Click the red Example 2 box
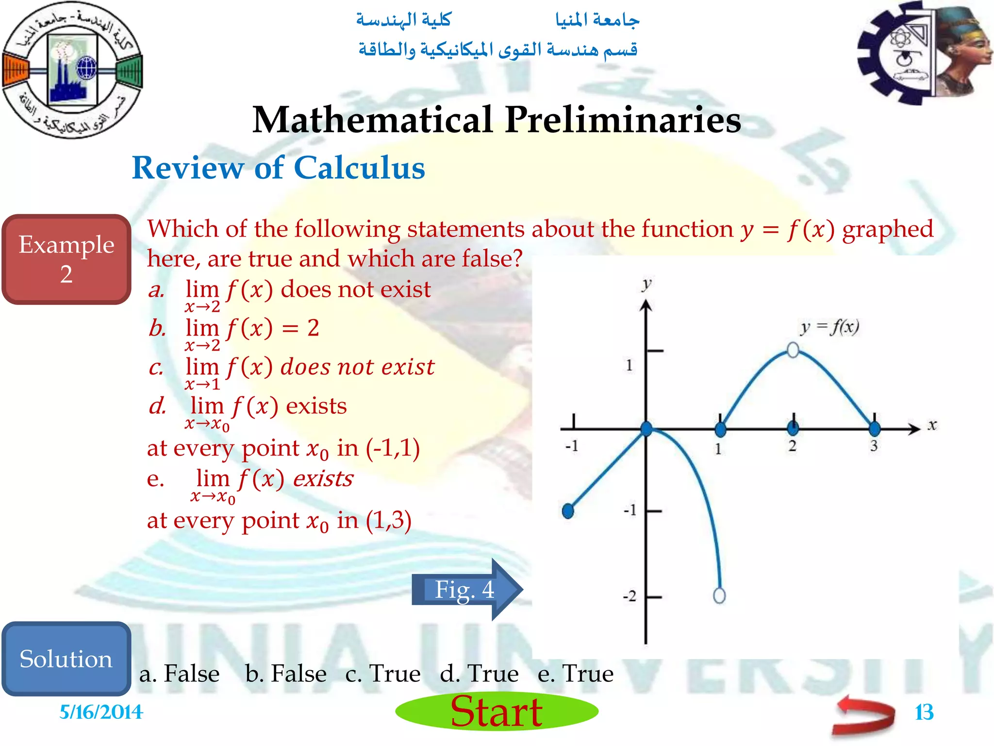point(66,259)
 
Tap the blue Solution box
point(66,659)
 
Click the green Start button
point(497,711)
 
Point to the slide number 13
point(924,712)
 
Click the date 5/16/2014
point(101,712)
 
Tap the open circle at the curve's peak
point(793,350)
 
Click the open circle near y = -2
point(719,595)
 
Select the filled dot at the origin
point(646,429)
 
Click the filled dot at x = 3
point(874,429)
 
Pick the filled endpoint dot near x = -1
point(568,510)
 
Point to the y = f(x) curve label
point(829,328)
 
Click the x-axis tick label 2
point(793,446)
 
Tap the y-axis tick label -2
point(630,596)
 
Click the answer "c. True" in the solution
point(383,674)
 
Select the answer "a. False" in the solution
point(180,674)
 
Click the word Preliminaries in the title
point(623,119)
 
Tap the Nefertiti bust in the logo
point(961,53)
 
